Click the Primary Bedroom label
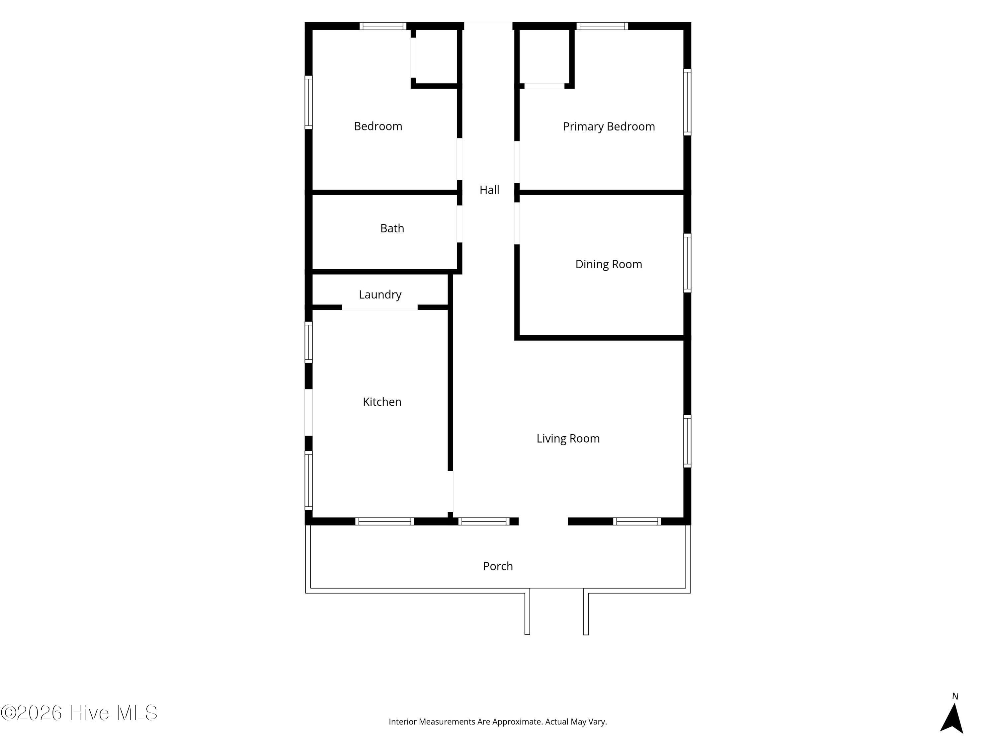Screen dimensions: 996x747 [x=609, y=126]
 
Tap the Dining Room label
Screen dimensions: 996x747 [x=609, y=264]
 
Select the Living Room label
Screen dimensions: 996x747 [x=568, y=439]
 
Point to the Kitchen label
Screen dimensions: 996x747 [x=382, y=402]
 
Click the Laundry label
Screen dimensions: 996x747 [x=380, y=294]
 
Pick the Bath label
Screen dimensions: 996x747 [x=392, y=228]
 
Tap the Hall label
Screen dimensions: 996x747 [x=489, y=190]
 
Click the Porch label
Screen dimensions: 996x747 [x=498, y=566]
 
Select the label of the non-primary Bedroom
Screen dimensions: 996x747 [x=378, y=126]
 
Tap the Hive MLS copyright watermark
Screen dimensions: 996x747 [x=79, y=713]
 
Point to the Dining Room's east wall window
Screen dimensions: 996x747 [x=688, y=263]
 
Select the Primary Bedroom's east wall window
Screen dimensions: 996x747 [x=688, y=102]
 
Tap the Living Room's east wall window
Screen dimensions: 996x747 [x=688, y=441]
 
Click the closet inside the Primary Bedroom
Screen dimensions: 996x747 [x=544, y=56]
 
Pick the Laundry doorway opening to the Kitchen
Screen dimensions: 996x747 [x=380, y=307]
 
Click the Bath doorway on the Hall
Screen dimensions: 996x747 [x=460, y=224]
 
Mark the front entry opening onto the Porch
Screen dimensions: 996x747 [x=543, y=522]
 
